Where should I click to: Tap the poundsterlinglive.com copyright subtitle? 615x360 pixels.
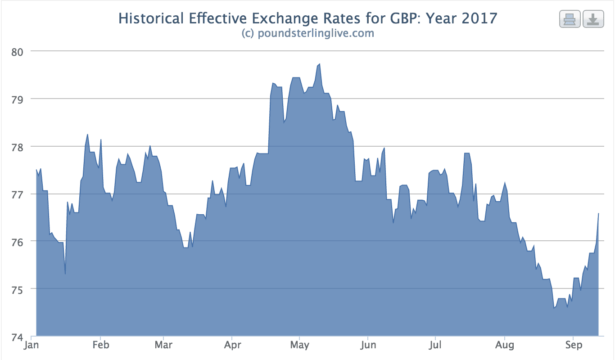[307, 33]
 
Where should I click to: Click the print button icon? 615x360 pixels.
[570, 20]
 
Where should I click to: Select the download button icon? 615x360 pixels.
[593, 20]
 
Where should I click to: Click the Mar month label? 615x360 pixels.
[163, 346]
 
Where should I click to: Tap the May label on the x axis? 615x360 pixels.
[300, 346]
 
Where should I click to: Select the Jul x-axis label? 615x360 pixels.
[435, 346]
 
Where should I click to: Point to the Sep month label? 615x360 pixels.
[573, 346]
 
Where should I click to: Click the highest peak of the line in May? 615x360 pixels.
[320, 64]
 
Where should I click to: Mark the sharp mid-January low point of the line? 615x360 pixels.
[65, 274]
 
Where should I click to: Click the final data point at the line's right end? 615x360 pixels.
[598, 213]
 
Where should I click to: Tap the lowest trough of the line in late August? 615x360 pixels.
[554, 308]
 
